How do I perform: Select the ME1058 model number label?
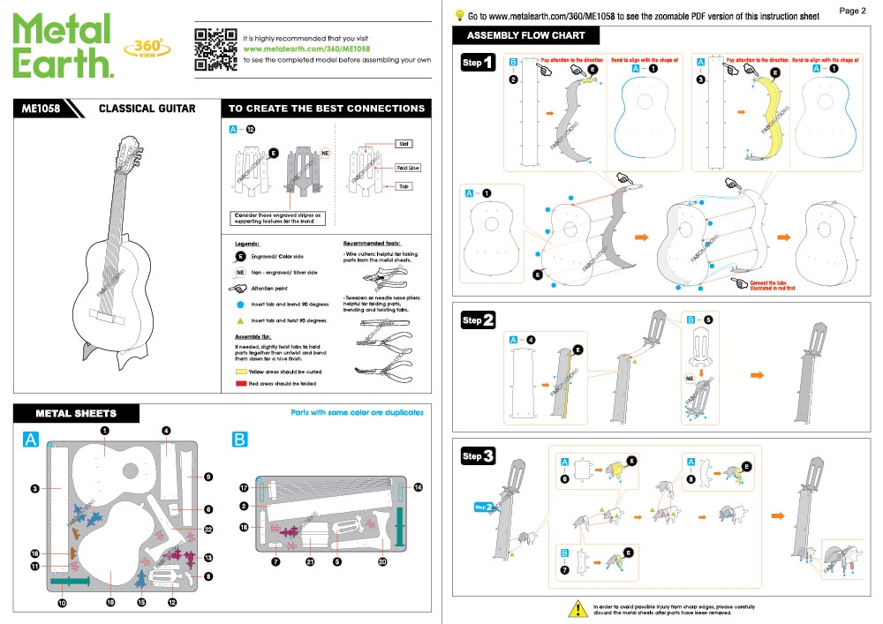tap(41, 109)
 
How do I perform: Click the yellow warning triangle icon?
tap(578, 608)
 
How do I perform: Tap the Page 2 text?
tap(852, 11)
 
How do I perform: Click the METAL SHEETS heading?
tap(76, 413)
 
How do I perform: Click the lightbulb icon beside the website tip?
tap(459, 15)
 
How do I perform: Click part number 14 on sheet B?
tap(418, 486)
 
